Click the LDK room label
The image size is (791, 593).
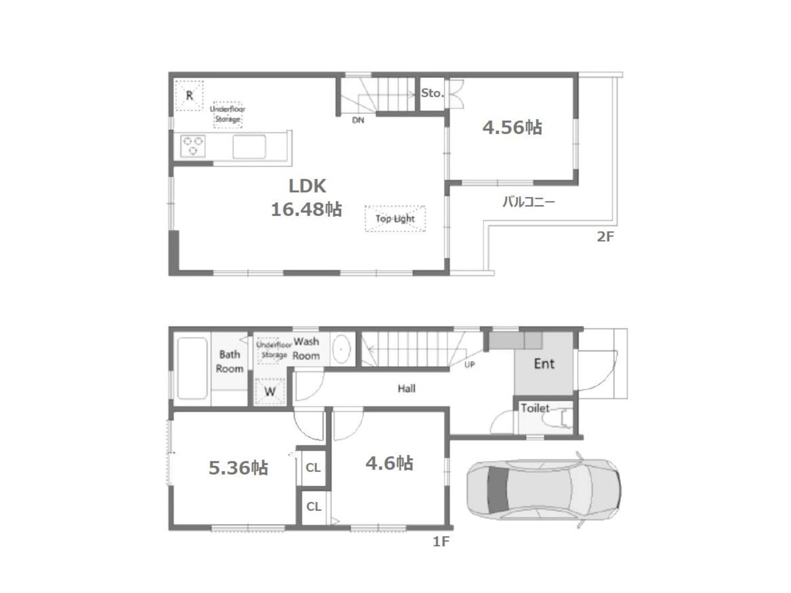point(307,186)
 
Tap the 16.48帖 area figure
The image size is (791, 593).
point(306,209)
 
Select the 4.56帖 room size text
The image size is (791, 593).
point(512,128)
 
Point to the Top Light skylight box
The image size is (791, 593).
point(395,218)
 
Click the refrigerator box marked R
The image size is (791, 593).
point(189,96)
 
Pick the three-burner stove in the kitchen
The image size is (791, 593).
point(193,146)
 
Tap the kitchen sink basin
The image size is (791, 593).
point(249,147)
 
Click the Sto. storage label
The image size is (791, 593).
point(433,93)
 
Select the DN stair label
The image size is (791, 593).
point(358,120)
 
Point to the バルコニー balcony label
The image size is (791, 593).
point(528,202)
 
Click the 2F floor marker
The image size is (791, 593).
point(605,237)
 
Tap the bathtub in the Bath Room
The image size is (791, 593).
point(193,368)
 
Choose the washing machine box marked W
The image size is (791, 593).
point(270,391)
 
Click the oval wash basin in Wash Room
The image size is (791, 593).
point(341,349)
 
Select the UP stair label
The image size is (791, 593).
point(470,365)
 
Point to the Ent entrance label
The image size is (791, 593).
point(544,364)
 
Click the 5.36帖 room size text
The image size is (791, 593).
point(238,468)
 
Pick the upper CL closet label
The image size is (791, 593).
point(313,468)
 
